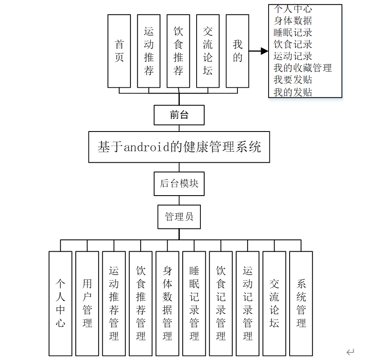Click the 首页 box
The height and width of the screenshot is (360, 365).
point(119,51)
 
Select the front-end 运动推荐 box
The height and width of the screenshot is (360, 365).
point(149,51)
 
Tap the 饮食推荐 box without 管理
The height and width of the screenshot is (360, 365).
point(178,51)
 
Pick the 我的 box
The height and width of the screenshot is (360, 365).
point(237,51)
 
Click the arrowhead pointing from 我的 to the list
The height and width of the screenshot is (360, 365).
point(264,51)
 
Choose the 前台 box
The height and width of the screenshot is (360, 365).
point(179,115)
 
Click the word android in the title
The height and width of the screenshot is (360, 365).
point(143,147)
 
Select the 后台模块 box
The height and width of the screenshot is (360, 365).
point(179,183)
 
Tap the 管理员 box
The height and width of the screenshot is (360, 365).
point(179,217)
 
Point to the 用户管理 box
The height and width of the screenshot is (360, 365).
point(87,303)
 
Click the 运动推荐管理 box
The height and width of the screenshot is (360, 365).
point(114,303)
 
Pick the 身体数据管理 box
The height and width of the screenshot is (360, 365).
point(167,303)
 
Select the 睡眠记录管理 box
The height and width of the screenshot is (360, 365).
point(194,303)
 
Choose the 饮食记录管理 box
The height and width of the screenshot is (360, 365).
point(221,303)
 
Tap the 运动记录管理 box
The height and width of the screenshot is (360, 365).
point(248,303)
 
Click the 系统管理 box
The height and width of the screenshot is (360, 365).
point(301,303)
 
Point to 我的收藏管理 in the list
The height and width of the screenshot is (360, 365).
point(302,67)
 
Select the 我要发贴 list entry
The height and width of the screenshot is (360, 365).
point(293,80)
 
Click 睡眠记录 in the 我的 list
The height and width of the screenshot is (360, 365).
point(293,32)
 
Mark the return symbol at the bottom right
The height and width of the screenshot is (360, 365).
point(350,352)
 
